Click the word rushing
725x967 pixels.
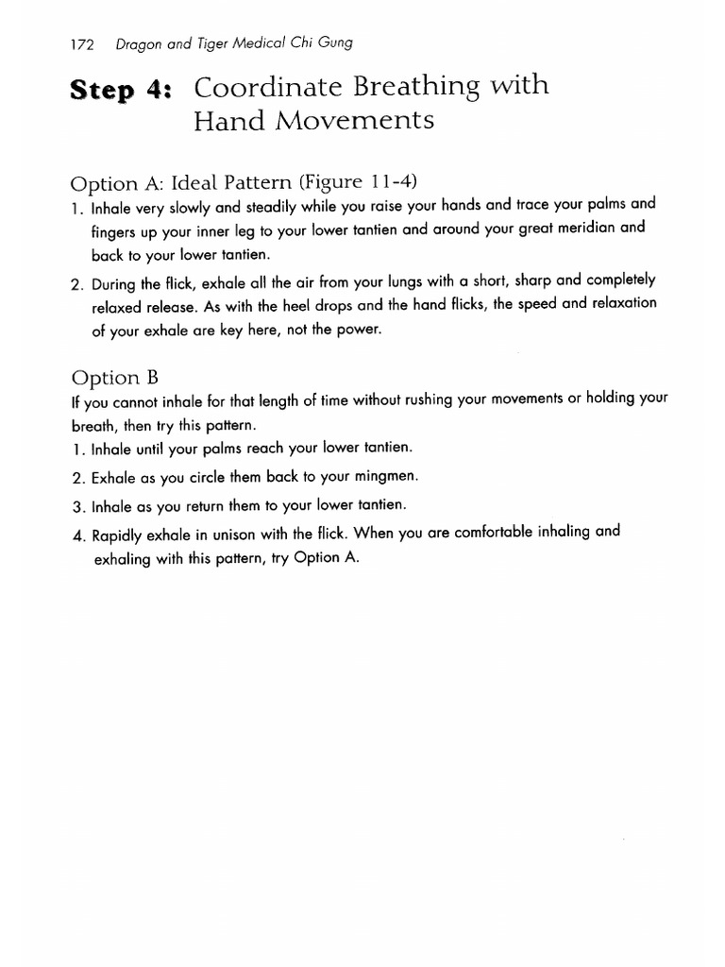(425, 400)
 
